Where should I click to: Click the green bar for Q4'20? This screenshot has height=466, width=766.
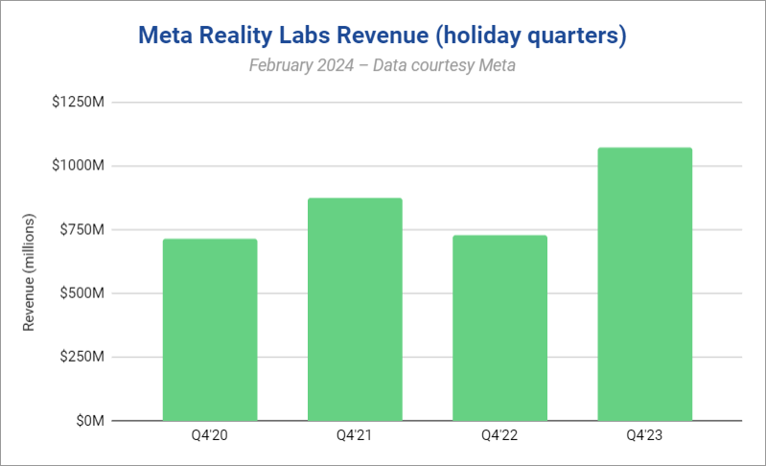tap(210, 330)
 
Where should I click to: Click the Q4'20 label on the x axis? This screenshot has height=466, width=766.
tap(210, 436)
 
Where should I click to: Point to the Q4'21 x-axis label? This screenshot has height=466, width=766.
tap(355, 436)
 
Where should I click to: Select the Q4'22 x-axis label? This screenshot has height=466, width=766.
tap(499, 436)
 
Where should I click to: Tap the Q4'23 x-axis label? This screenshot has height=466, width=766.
tap(644, 436)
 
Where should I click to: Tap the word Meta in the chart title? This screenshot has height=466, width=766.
tap(165, 36)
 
